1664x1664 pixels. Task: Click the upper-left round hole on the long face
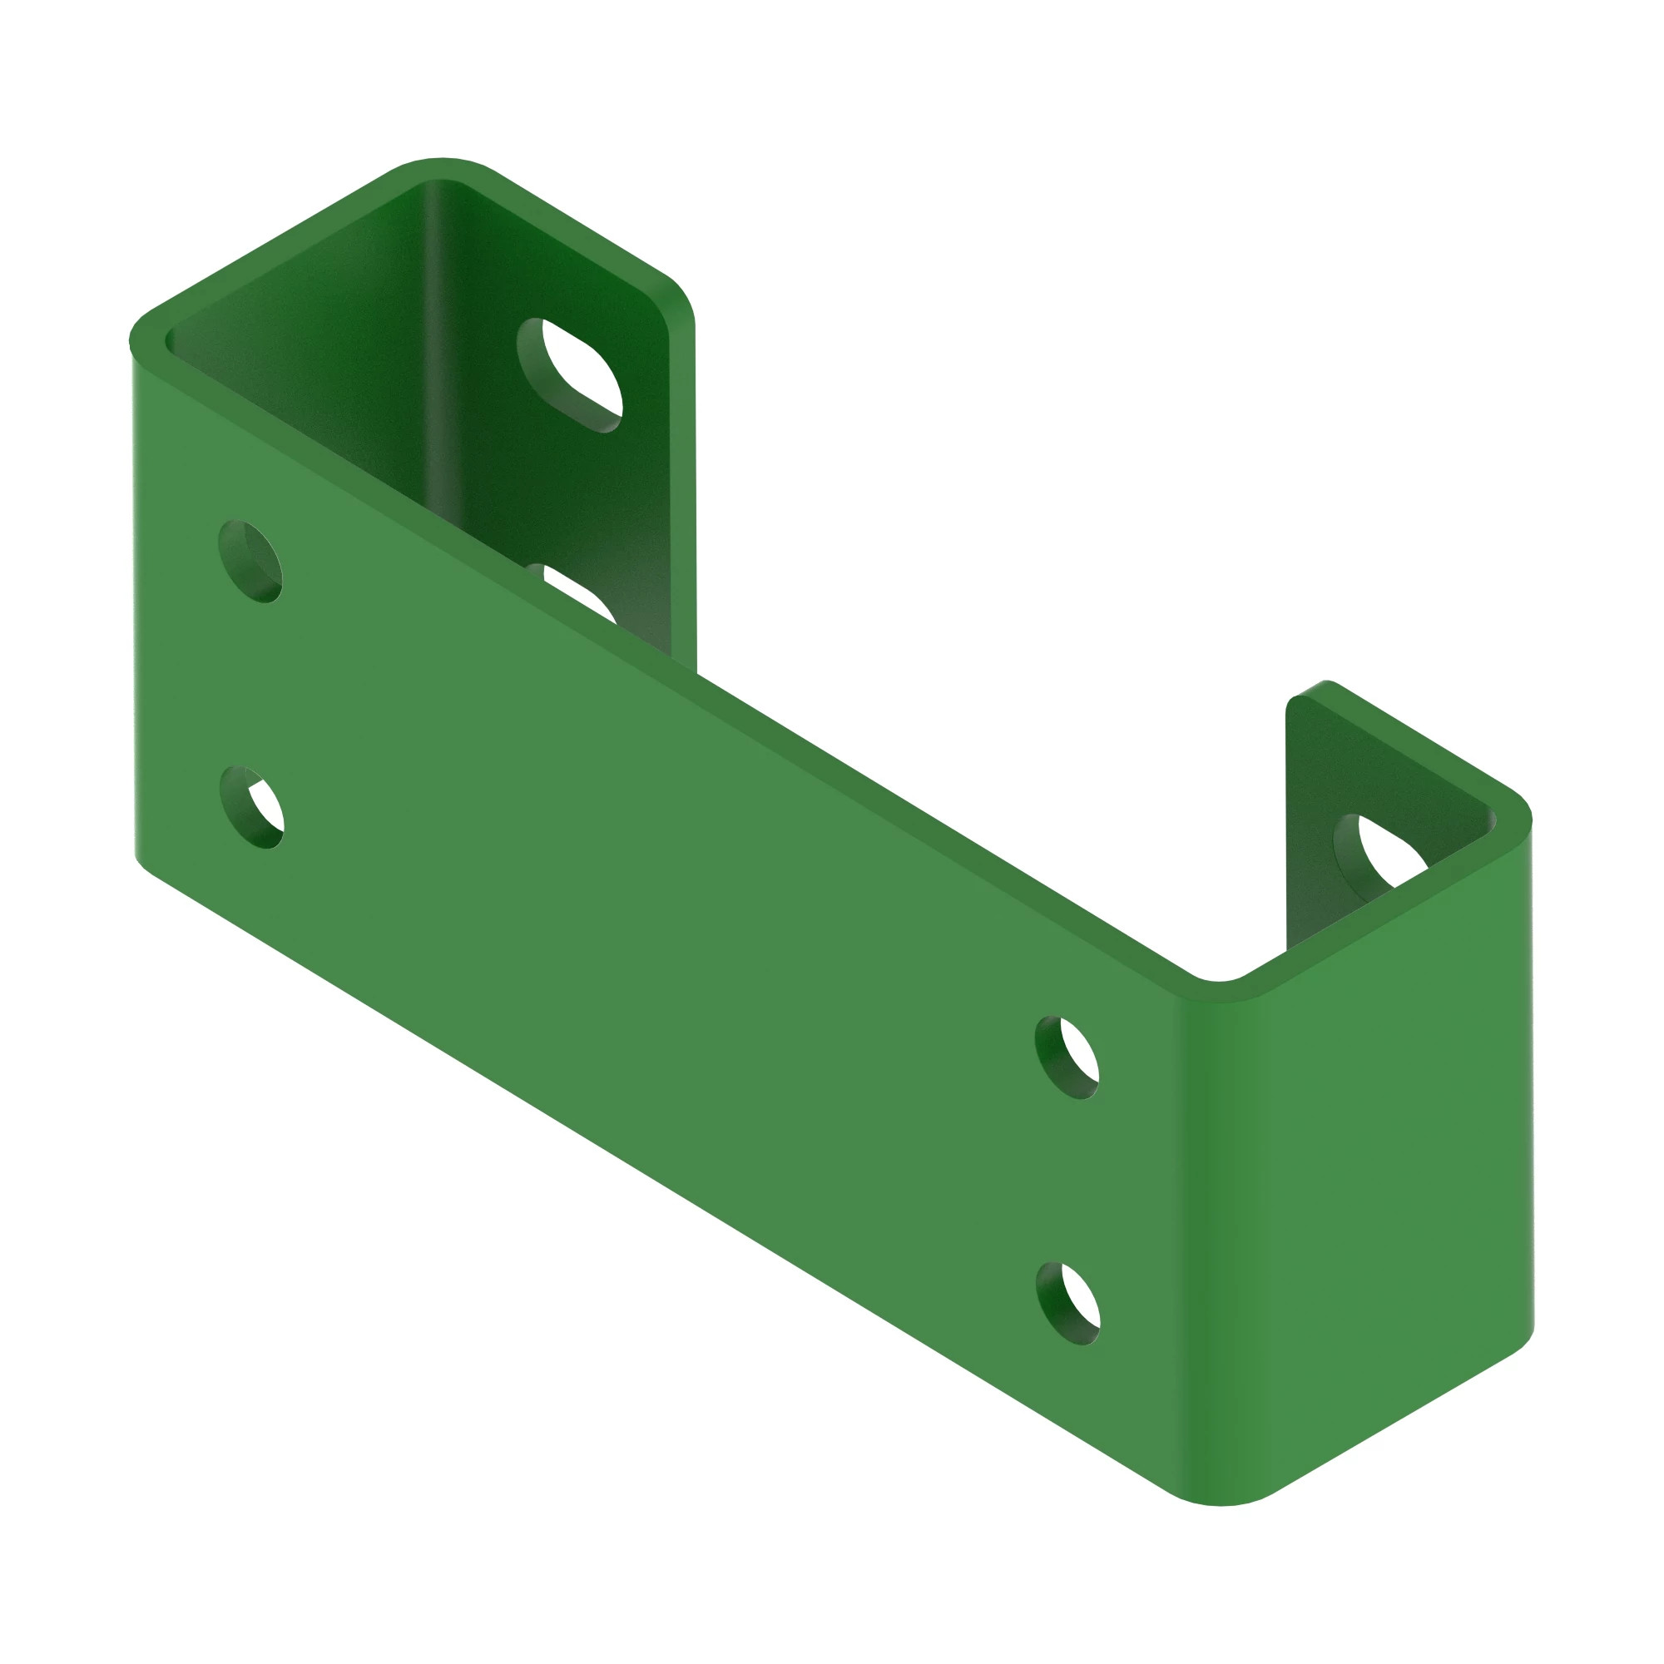point(250,562)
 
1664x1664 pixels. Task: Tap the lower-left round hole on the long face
point(251,807)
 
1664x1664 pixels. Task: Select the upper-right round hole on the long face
point(1067,1057)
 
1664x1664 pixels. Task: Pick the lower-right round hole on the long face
point(1068,1303)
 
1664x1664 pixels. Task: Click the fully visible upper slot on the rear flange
point(569,374)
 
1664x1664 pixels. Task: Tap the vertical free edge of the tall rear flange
point(683,483)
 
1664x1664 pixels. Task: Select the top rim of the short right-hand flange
point(1413,740)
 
